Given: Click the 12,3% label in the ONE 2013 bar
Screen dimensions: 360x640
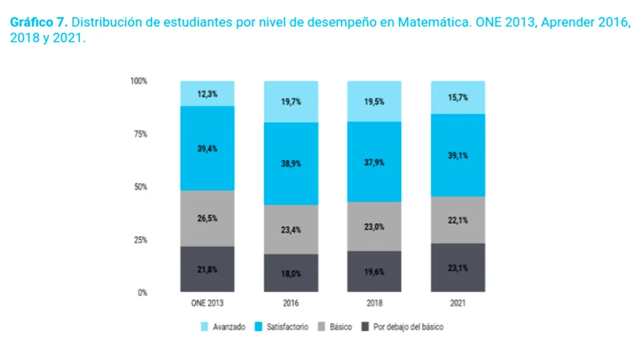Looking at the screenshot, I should tap(207, 94).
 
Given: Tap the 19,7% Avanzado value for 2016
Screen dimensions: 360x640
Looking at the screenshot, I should tap(291, 101).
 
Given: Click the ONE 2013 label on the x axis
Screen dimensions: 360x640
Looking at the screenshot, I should tap(207, 303).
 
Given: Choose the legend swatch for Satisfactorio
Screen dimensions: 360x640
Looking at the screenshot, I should tap(259, 327).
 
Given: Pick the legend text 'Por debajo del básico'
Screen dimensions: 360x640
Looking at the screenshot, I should tap(408, 327).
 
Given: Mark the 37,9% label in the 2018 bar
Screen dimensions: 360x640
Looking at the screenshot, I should tap(374, 163).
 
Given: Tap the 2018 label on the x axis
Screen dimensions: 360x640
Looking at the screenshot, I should tap(374, 303).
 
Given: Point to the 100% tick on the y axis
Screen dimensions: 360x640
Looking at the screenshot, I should tap(138, 81).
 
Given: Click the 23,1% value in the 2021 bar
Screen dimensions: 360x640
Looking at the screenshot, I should tap(457, 268).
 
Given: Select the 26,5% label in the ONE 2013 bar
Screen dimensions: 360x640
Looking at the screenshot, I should tap(207, 218).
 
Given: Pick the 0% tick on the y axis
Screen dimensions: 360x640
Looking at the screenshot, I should tap(141, 292).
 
